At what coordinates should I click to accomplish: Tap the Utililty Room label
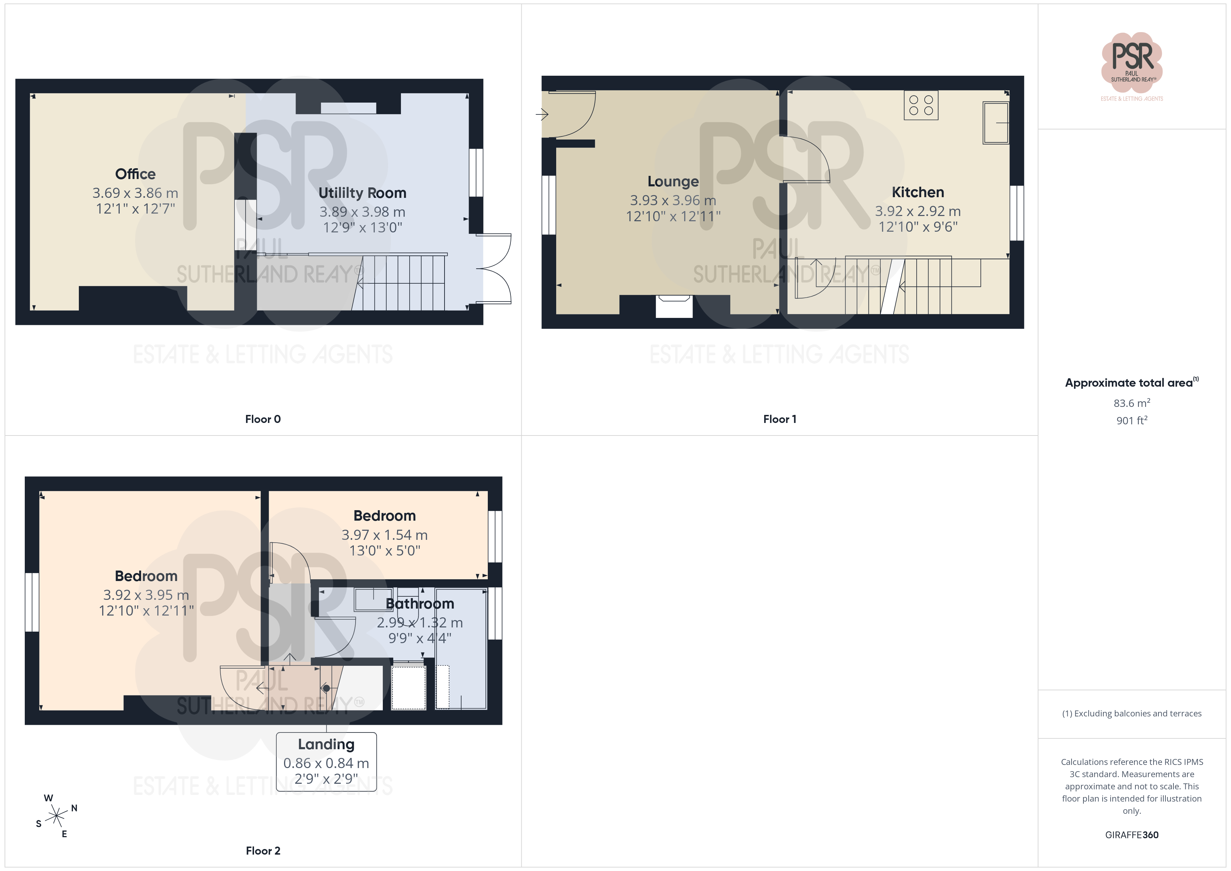[x=363, y=193]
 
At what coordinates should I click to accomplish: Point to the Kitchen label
[x=918, y=192]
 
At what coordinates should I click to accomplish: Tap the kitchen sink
[x=995, y=123]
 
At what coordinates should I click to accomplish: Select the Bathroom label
[x=420, y=604]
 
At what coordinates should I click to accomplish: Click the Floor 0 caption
[x=263, y=419]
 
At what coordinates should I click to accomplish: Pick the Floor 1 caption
[x=779, y=419]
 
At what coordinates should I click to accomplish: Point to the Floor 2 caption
[x=263, y=851]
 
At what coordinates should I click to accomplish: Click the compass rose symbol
[x=56, y=816]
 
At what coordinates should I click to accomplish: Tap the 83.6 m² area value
[x=1132, y=403]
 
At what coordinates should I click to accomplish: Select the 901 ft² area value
[x=1132, y=420]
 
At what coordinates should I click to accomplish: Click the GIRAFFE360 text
[x=1132, y=835]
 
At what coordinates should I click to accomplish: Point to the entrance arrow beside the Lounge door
[x=542, y=114]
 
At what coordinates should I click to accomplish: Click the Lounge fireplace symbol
[x=674, y=306]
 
